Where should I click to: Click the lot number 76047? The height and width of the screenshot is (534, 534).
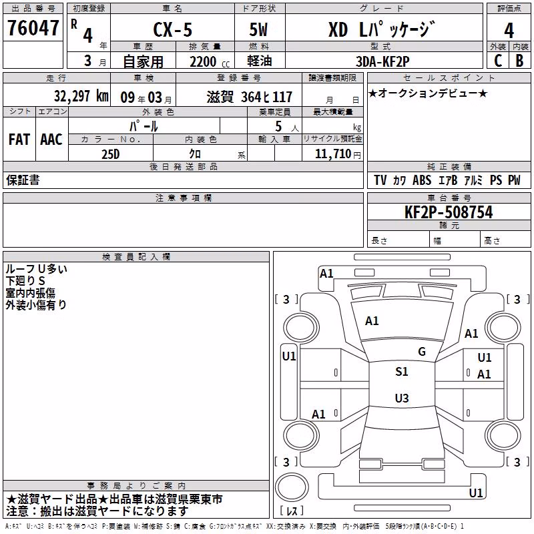33,27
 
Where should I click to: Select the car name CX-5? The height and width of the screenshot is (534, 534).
173,29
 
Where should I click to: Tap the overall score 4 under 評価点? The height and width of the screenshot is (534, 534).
509,30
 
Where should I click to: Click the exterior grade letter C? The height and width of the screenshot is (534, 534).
498,61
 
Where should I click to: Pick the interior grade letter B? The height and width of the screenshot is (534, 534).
519,61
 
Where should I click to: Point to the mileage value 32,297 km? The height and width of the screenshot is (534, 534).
81,96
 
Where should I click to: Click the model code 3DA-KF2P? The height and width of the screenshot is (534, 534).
382,61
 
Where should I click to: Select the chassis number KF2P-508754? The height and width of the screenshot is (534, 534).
449,212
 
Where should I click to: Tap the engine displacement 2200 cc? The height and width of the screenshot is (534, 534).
210,62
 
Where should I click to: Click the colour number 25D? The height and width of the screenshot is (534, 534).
111,154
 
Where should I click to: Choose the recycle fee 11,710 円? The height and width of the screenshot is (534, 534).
338,154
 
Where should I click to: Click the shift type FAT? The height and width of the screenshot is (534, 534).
19,140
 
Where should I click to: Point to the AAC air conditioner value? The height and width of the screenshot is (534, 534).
51,140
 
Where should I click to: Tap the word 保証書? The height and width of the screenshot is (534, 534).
23,180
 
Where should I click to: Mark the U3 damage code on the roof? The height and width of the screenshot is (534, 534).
402,398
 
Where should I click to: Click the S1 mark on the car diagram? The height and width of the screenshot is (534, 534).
402,371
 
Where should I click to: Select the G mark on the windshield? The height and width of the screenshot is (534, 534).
422,351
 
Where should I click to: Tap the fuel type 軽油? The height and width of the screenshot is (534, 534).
260,61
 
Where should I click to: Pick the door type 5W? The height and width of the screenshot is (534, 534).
258,29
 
